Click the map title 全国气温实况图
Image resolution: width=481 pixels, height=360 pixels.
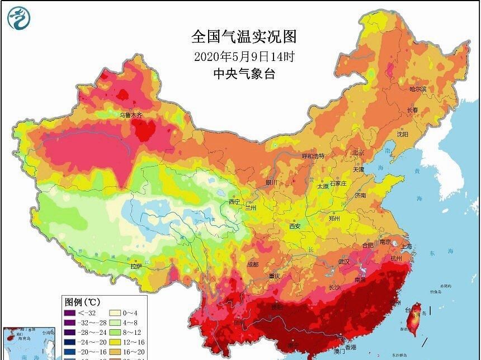243,37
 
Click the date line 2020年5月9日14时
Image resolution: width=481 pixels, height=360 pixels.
244,56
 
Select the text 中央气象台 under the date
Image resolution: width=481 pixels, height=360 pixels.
244,73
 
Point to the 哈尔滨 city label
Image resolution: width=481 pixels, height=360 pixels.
417,89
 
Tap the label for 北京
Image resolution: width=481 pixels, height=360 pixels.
358,153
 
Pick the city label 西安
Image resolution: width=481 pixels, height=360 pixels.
295,226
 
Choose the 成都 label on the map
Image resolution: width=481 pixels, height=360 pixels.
252,264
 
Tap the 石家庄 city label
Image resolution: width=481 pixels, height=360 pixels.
338,183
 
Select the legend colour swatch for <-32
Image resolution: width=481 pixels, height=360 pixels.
71,314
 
